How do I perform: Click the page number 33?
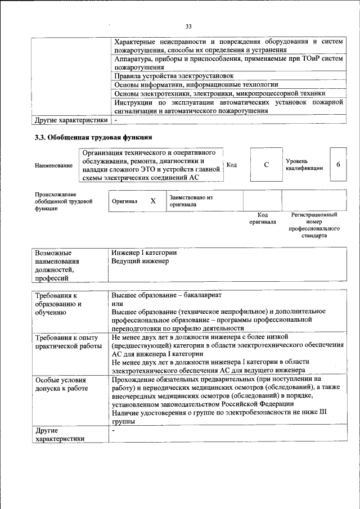[188, 26]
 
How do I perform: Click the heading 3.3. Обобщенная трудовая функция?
[93, 137]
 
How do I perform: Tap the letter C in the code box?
[266, 165]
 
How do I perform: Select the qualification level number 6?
[338, 165]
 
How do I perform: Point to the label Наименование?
[53, 165]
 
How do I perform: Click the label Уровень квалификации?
[304, 164]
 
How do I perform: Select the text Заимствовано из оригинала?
[191, 201]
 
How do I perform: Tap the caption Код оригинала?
[262, 218]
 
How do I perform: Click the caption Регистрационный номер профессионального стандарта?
[314, 226]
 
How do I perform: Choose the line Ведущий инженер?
[140, 261]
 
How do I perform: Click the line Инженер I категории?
[145, 253]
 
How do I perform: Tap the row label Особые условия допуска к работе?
[61, 385]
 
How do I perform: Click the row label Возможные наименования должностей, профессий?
[57, 265]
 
